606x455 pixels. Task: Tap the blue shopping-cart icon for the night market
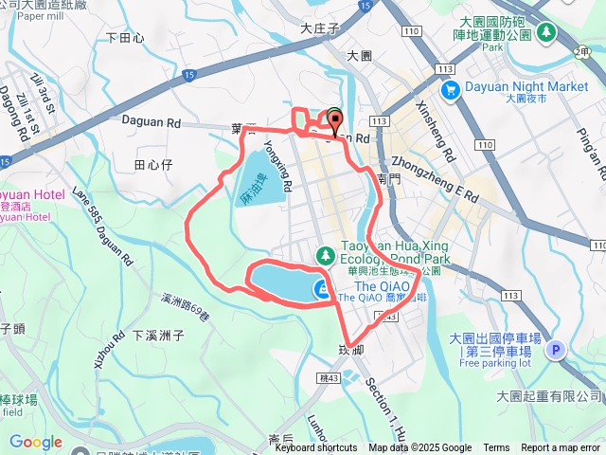click(449, 90)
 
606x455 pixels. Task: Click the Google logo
click(36, 442)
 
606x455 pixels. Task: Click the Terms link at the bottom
click(496, 448)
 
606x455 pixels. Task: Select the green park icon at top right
click(546, 32)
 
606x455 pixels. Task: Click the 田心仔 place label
click(152, 165)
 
